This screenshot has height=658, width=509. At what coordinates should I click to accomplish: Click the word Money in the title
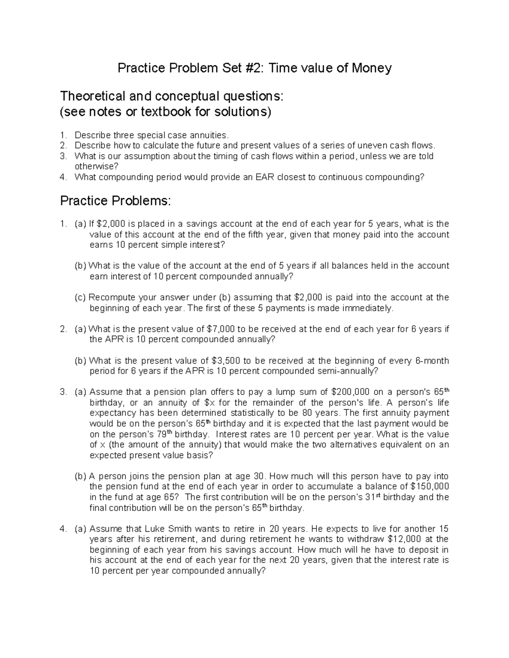pos(371,68)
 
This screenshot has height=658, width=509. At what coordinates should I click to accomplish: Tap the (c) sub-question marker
pos(80,297)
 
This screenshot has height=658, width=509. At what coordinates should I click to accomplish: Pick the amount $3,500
pos(225,361)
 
